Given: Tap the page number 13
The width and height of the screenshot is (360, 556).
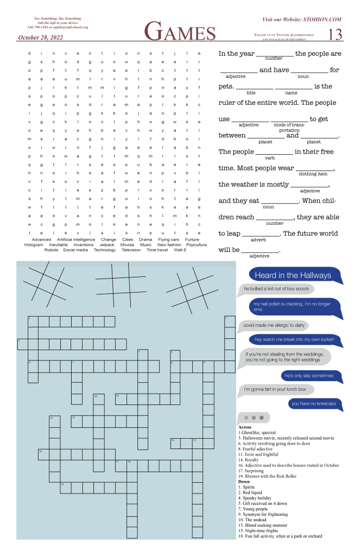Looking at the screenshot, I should point(335,34).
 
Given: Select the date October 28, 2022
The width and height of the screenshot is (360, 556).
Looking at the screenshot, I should point(41,37).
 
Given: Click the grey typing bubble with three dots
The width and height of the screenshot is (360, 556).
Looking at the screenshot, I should point(254,418).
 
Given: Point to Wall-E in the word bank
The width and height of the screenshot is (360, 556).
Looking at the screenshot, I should point(180,250).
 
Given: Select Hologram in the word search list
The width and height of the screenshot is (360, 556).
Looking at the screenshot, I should point(34,245).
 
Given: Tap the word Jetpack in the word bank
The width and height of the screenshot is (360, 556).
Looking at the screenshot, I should point(107,245).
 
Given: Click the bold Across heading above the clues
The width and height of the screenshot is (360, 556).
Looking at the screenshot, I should point(245,427).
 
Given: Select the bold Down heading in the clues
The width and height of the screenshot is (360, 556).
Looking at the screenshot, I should point(244,481).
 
